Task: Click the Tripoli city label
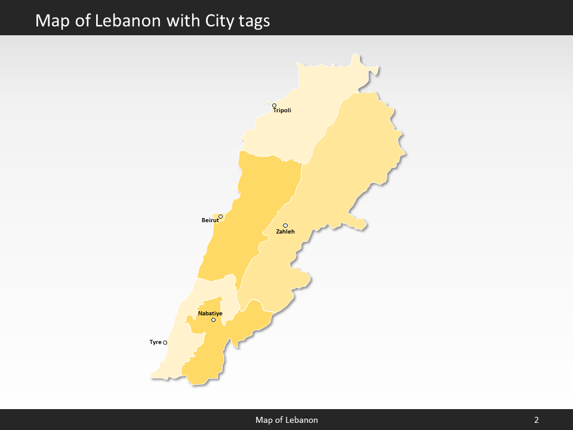[282, 110]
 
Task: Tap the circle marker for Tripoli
[275, 106]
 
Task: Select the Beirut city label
[210, 220]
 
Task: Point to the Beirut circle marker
[220, 216]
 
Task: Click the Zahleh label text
[285, 232]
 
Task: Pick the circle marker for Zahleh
[285, 225]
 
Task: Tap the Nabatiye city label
[210, 314]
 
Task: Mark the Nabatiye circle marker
[213, 320]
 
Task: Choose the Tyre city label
[155, 342]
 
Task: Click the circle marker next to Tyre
[165, 343]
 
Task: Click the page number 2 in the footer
[537, 420]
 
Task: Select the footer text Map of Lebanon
[286, 420]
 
